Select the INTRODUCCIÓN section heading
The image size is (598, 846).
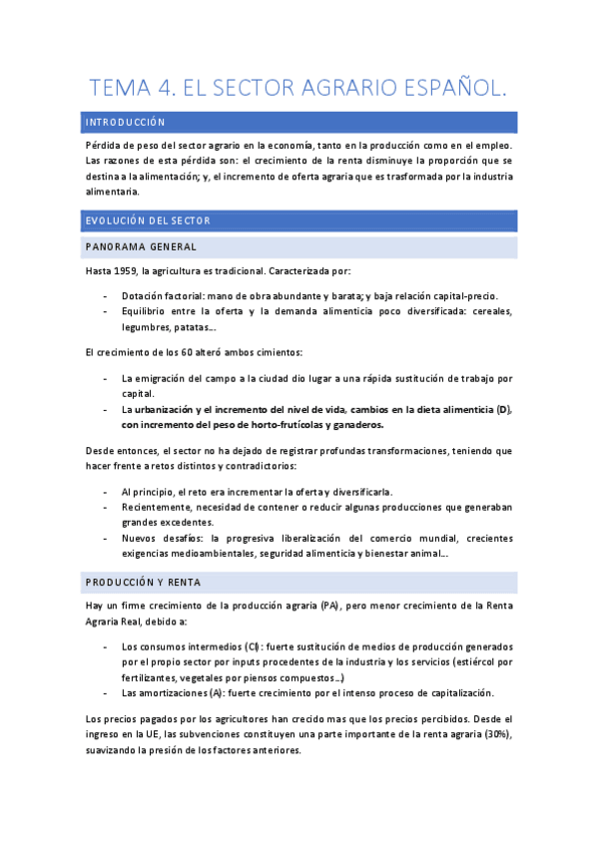(x=125, y=122)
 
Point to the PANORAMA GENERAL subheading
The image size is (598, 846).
(x=141, y=246)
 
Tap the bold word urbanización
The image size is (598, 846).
(x=167, y=410)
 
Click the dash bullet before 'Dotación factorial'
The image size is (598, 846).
(x=106, y=296)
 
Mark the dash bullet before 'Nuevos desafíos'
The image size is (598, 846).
(x=106, y=538)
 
